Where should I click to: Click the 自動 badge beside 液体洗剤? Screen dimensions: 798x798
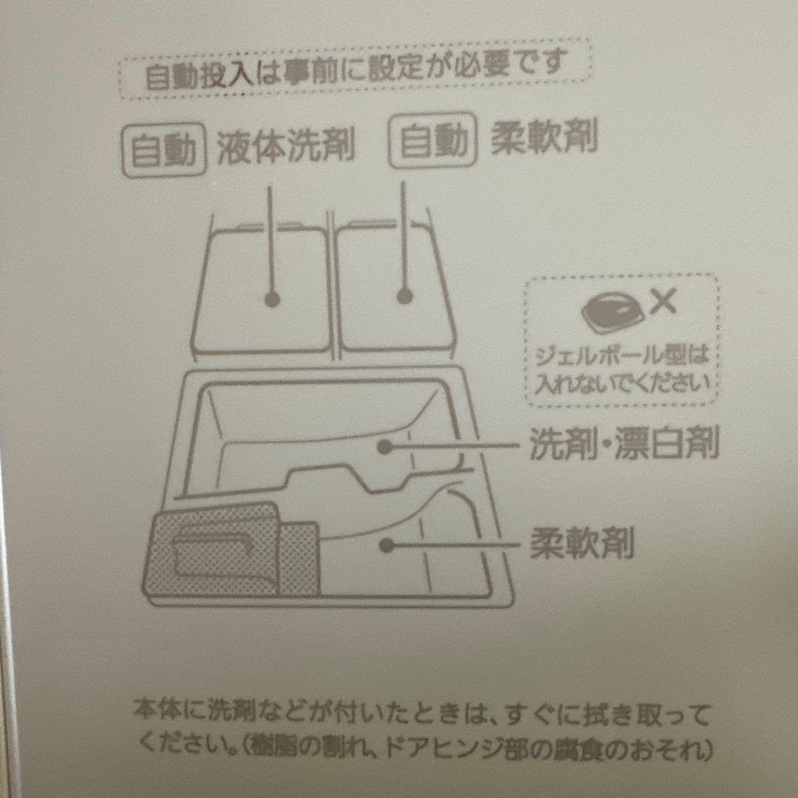(163, 151)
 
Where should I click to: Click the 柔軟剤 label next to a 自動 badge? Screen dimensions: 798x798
(545, 137)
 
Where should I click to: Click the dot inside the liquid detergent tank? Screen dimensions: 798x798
(272, 299)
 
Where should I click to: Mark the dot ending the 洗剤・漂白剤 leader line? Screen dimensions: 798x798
(383, 446)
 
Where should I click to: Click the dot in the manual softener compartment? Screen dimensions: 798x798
(384, 545)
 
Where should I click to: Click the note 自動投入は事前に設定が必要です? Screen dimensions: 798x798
(355, 70)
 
